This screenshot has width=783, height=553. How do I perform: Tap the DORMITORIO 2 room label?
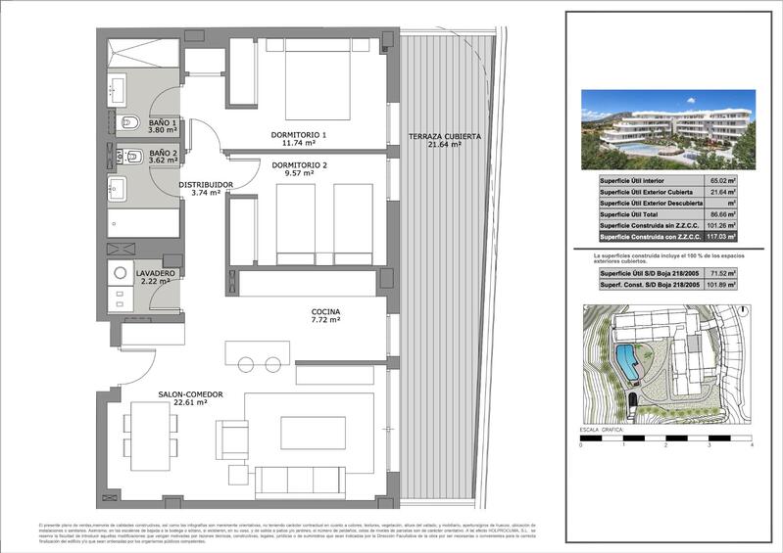299,164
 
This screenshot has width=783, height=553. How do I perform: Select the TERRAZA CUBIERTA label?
445,137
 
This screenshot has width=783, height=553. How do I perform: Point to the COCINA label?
325,310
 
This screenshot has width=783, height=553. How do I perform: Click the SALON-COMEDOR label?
190,394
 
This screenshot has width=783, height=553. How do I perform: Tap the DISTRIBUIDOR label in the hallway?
205,184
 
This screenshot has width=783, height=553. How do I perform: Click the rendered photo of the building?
667,131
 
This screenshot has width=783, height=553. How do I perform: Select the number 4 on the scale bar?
751,445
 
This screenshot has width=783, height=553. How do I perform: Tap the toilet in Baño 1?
130,124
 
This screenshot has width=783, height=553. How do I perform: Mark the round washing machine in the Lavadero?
122,275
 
